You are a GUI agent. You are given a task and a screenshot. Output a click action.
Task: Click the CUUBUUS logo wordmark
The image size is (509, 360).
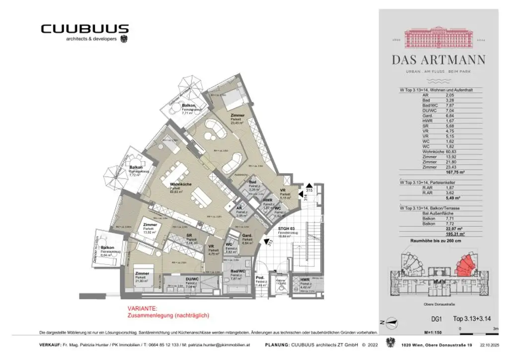(x=85, y=29)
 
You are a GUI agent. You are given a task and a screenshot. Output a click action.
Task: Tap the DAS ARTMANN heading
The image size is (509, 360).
(x=438, y=60)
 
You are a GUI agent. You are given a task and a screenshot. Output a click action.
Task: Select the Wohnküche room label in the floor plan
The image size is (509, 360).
(x=177, y=182)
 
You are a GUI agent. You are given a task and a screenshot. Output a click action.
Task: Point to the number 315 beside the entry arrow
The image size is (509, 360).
(x=308, y=190)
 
